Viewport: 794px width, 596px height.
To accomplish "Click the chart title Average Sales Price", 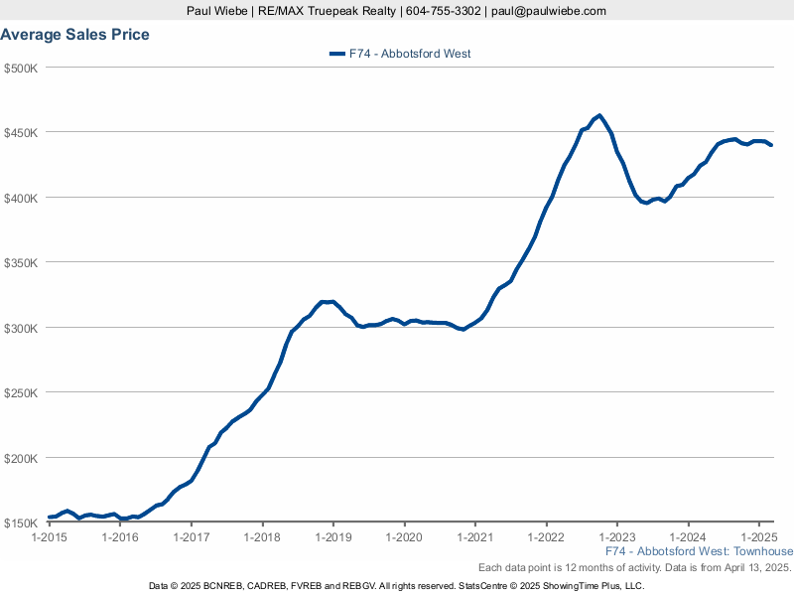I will pos(75,35).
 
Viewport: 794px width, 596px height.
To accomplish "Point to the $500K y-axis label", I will pos(21,68).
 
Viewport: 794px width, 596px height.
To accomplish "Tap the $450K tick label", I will pos(21,133).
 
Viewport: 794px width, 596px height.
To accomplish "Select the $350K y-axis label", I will pos(21,263).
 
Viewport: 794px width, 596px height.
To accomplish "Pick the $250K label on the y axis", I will pos(21,393).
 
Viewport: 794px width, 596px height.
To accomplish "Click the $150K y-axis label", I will pos(21,523).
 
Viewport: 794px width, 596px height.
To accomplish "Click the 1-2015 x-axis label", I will pos(49,538).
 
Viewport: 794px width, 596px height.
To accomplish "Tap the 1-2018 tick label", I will pos(262,538).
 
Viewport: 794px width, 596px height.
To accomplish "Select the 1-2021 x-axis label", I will pos(475,538).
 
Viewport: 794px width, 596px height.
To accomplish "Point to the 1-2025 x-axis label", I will pos(759,538).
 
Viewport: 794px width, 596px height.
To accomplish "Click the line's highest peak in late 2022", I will pos(598,115).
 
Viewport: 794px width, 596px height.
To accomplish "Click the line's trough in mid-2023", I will pos(646,203).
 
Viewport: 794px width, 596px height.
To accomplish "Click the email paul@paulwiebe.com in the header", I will pos(548,11).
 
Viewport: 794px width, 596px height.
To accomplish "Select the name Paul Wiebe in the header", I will pos(216,11).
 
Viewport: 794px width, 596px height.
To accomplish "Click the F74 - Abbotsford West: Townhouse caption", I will pos(699,552).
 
